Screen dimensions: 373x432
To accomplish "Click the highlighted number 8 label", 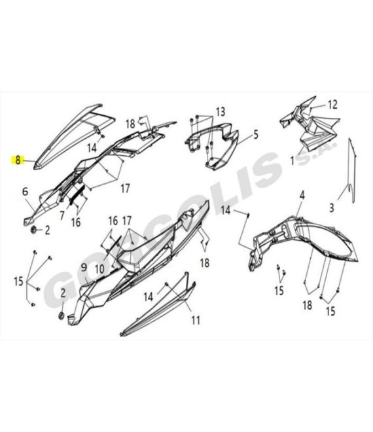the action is pyautogui.click(x=18, y=160).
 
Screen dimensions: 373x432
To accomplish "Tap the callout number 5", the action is pyautogui.click(x=256, y=135).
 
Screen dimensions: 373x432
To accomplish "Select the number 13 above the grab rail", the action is pyautogui.click(x=221, y=112).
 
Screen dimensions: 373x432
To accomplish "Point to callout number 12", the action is pyautogui.click(x=332, y=105).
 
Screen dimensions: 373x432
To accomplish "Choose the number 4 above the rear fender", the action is pyautogui.click(x=302, y=196).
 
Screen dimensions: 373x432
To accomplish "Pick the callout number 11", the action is pyautogui.click(x=196, y=320).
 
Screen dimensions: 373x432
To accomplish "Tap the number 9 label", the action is pyautogui.click(x=84, y=268).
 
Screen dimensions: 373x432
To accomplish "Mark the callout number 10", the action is pyautogui.click(x=99, y=269).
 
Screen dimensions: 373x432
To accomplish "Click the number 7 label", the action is pyautogui.click(x=62, y=215).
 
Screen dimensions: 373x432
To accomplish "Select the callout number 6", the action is pyautogui.click(x=25, y=191).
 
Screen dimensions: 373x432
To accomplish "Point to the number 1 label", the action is pyautogui.click(x=293, y=160).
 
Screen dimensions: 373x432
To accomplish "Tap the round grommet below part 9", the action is pyautogui.click(x=62, y=315).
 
